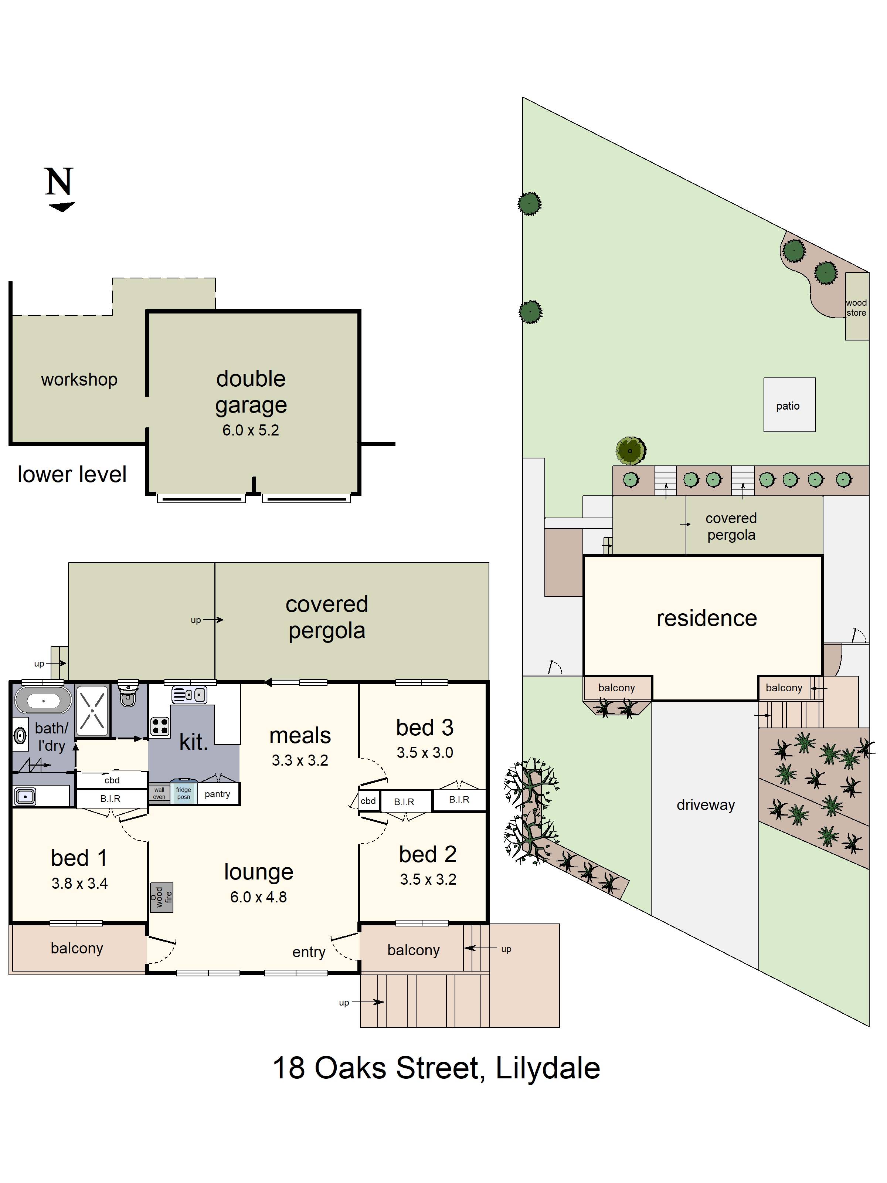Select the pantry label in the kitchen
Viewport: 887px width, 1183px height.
click(217, 794)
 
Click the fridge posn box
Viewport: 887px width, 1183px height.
click(183, 793)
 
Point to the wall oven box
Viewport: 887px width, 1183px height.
click(159, 793)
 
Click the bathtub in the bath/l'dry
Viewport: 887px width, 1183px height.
click(43, 700)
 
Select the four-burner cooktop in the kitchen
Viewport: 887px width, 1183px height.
click(160, 726)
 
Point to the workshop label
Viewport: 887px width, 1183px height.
click(79, 379)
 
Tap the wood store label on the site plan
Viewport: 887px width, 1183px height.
click(856, 308)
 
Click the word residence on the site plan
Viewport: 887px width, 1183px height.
click(706, 618)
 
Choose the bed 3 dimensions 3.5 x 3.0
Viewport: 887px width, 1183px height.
click(425, 752)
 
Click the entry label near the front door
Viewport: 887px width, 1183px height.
click(309, 952)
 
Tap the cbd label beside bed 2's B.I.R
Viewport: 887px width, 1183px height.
click(368, 801)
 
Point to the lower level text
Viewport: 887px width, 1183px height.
click(72, 474)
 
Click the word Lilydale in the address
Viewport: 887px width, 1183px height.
click(547, 1068)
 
